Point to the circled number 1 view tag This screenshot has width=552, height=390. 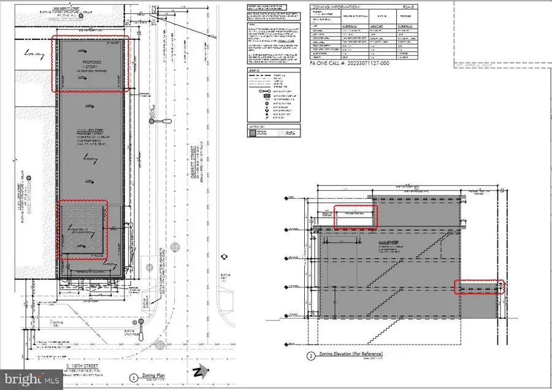pyautogui.click(x=133, y=378)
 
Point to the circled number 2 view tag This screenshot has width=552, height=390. pyautogui.click(x=311, y=356)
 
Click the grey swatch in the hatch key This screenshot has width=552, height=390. pyautogui.click(x=255, y=131)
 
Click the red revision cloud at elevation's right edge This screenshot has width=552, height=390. pyautogui.click(x=479, y=288)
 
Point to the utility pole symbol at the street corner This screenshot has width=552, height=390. pyautogui.click(x=140, y=334)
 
